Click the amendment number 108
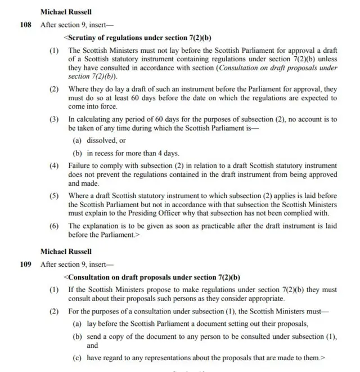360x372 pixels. (x=25, y=25)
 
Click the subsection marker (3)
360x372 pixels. (x=55, y=119)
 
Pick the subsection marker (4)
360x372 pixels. (x=55, y=166)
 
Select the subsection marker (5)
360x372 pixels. (x=55, y=196)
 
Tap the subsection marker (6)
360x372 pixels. (x=55, y=226)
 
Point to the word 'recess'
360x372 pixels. (x=106, y=153)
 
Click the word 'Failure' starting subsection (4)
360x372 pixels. (x=80, y=166)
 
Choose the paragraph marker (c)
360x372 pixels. (x=78, y=357)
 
